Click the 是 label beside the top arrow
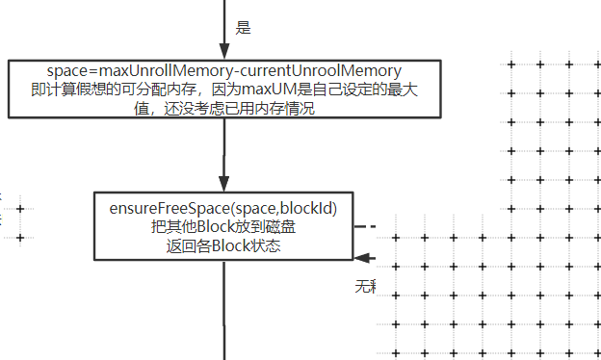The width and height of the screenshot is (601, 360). [x=243, y=28]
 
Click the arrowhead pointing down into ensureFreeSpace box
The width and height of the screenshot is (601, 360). [x=224, y=184]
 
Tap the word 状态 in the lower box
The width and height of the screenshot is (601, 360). [x=265, y=244]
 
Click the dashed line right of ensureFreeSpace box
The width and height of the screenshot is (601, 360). [x=363, y=226]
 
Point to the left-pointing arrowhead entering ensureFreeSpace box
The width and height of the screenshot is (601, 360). [x=362, y=257]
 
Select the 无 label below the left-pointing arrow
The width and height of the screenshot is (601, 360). [x=362, y=285]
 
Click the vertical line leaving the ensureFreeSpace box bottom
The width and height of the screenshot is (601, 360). [x=224, y=308]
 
